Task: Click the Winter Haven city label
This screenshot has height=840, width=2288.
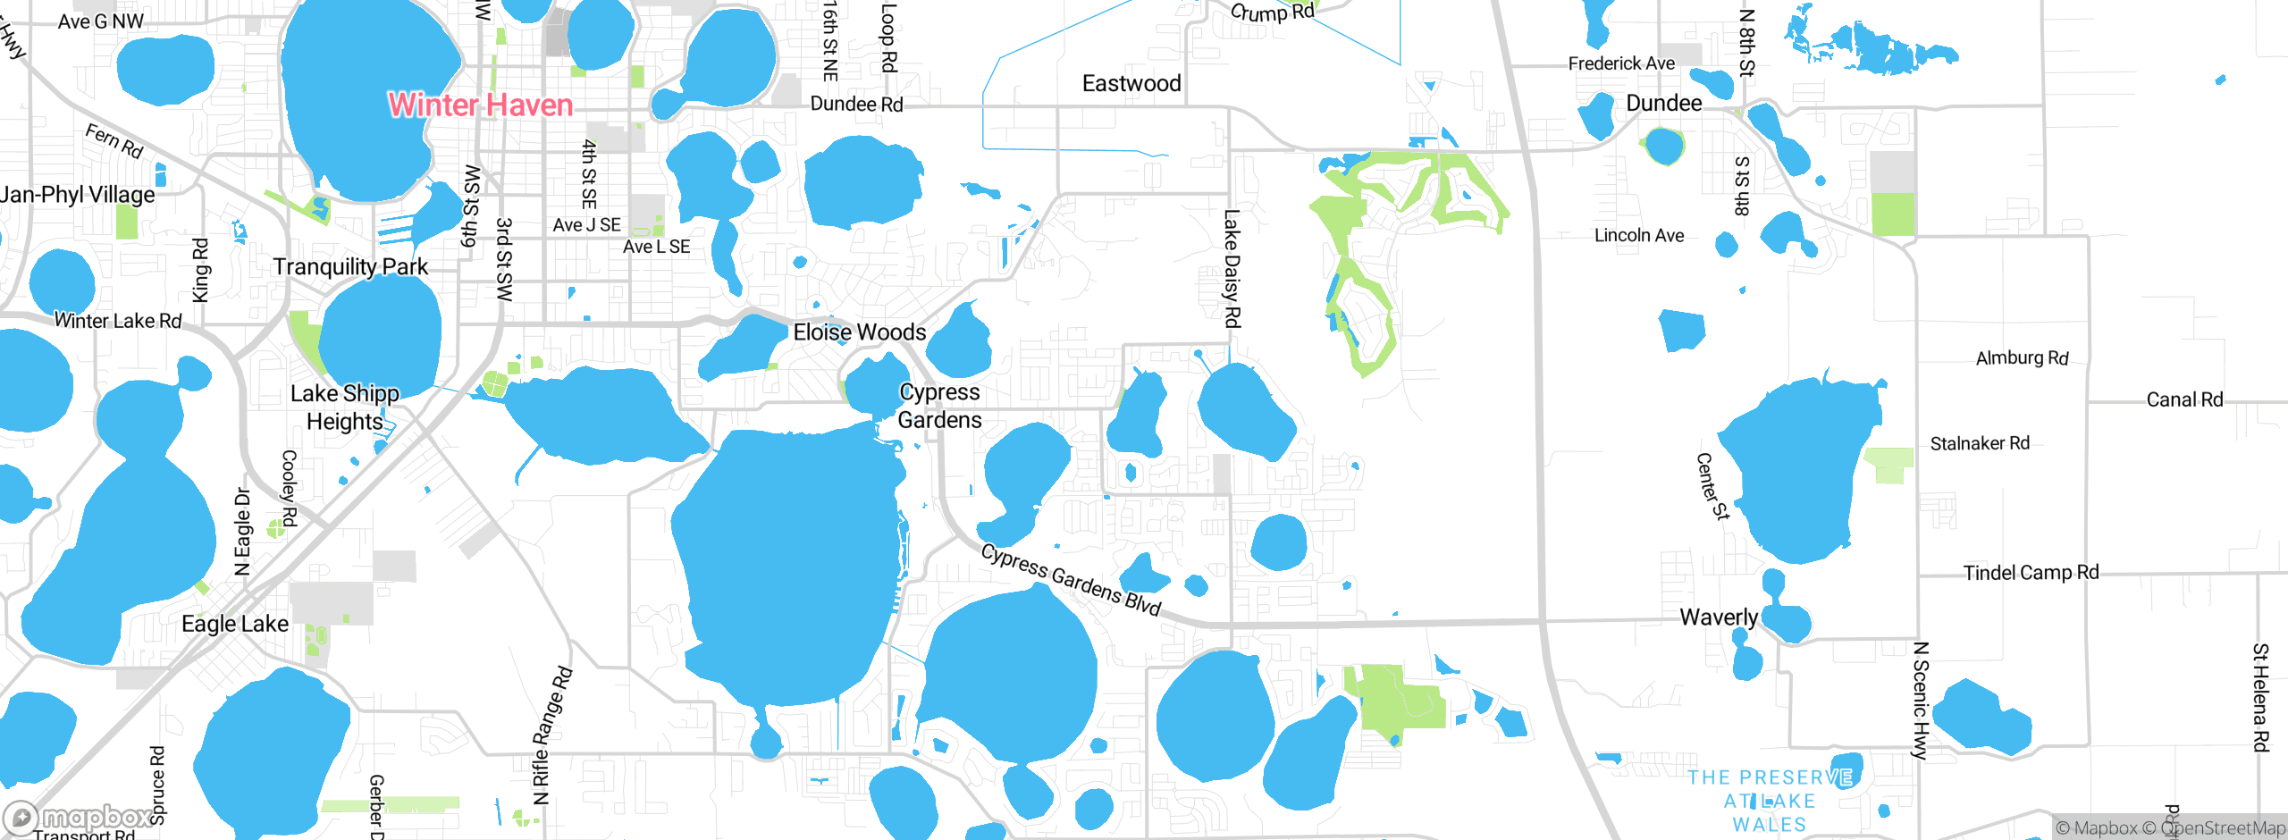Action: [480, 105]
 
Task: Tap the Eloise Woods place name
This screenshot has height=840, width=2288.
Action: [859, 332]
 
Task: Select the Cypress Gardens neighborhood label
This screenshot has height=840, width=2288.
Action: [939, 406]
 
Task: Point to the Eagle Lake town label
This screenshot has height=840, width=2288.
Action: [235, 624]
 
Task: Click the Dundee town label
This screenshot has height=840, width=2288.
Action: [1663, 104]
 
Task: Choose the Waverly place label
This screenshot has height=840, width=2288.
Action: [1718, 617]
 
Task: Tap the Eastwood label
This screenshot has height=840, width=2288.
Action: [1131, 84]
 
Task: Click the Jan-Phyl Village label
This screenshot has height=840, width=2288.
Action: [77, 195]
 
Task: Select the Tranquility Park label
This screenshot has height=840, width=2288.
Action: [350, 267]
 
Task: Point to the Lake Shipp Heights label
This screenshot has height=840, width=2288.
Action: [345, 407]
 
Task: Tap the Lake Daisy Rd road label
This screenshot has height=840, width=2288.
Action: [1232, 268]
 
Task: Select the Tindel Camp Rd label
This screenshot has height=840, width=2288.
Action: [2031, 573]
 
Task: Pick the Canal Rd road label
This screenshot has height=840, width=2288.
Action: [2184, 399]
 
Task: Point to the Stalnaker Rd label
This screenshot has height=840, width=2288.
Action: [1980, 443]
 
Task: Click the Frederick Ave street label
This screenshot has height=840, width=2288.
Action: [1621, 63]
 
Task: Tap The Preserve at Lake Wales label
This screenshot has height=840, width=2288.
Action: [1769, 801]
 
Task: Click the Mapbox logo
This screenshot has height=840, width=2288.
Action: [80, 817]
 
